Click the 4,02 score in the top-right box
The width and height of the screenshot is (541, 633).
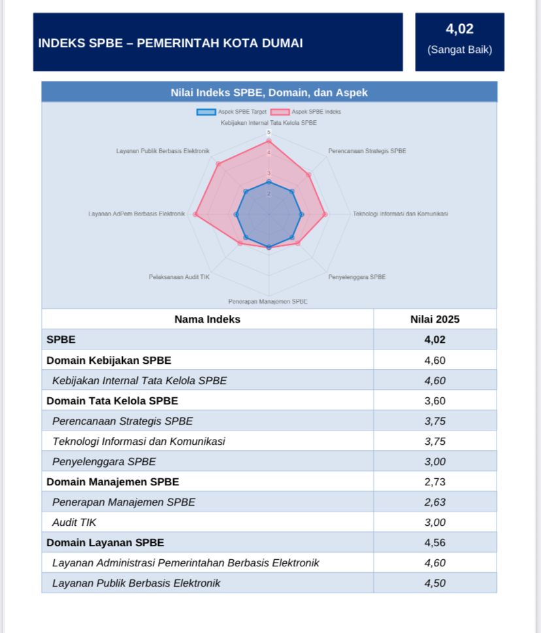(459, 29)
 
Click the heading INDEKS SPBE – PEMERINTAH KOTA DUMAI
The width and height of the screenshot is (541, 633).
(171, 43)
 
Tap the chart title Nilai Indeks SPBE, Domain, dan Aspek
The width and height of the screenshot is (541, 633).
(269, 93)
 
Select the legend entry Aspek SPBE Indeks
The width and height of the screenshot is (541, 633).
(306, 112)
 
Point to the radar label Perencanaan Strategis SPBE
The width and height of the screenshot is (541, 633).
(367, 151)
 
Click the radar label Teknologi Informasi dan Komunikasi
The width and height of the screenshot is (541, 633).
(401, 214)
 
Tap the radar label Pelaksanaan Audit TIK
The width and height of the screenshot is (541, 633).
(179, 277)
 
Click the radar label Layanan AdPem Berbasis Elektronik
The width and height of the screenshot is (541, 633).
(137, 214)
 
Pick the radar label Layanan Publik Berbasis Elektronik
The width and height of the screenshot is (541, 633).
(163, 151)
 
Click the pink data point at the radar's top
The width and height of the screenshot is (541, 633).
(269, 141)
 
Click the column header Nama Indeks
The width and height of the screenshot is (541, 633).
(207, 319)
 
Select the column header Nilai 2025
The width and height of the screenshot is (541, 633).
(434, 319)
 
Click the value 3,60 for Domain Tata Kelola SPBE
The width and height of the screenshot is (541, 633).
(434, 400)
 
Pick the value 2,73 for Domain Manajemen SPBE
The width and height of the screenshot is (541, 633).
(434, 481)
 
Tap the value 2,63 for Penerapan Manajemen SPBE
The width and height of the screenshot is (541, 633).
(434, 502)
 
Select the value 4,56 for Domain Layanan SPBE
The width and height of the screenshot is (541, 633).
(434, 542)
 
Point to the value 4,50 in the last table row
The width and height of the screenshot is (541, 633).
(434, 583)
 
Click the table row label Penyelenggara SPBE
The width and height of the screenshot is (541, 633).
(104, 461)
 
